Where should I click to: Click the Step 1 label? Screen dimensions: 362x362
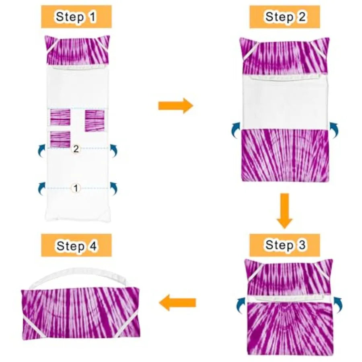click(x=76, y=17)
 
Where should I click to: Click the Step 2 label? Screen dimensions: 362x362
click(x=285, y=17)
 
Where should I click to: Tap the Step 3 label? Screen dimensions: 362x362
click(x=285, y=245)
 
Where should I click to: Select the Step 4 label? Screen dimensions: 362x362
click(x=76, y=245)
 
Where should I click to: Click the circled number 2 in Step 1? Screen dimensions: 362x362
click(x=76, y=149)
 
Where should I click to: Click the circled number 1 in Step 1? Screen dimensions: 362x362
click(x=76, y=188)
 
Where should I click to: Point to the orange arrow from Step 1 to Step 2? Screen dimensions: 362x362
click(x=176, y=106)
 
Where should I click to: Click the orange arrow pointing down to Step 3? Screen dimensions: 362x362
click(x=285, y=211)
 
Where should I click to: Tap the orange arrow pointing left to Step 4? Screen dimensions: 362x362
click(x=177, y=302)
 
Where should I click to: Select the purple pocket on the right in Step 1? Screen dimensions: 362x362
click(x=95, y=121)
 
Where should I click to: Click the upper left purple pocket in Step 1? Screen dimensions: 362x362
click(x=60, y=117)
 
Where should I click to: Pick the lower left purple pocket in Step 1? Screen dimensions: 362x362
click(x=60, y=140)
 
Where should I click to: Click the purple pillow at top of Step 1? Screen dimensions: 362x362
click(x=77, y=50)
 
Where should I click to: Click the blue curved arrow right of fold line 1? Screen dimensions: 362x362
click(x=113, y=189)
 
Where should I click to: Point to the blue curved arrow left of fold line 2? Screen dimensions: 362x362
click(x=41, y=151)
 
